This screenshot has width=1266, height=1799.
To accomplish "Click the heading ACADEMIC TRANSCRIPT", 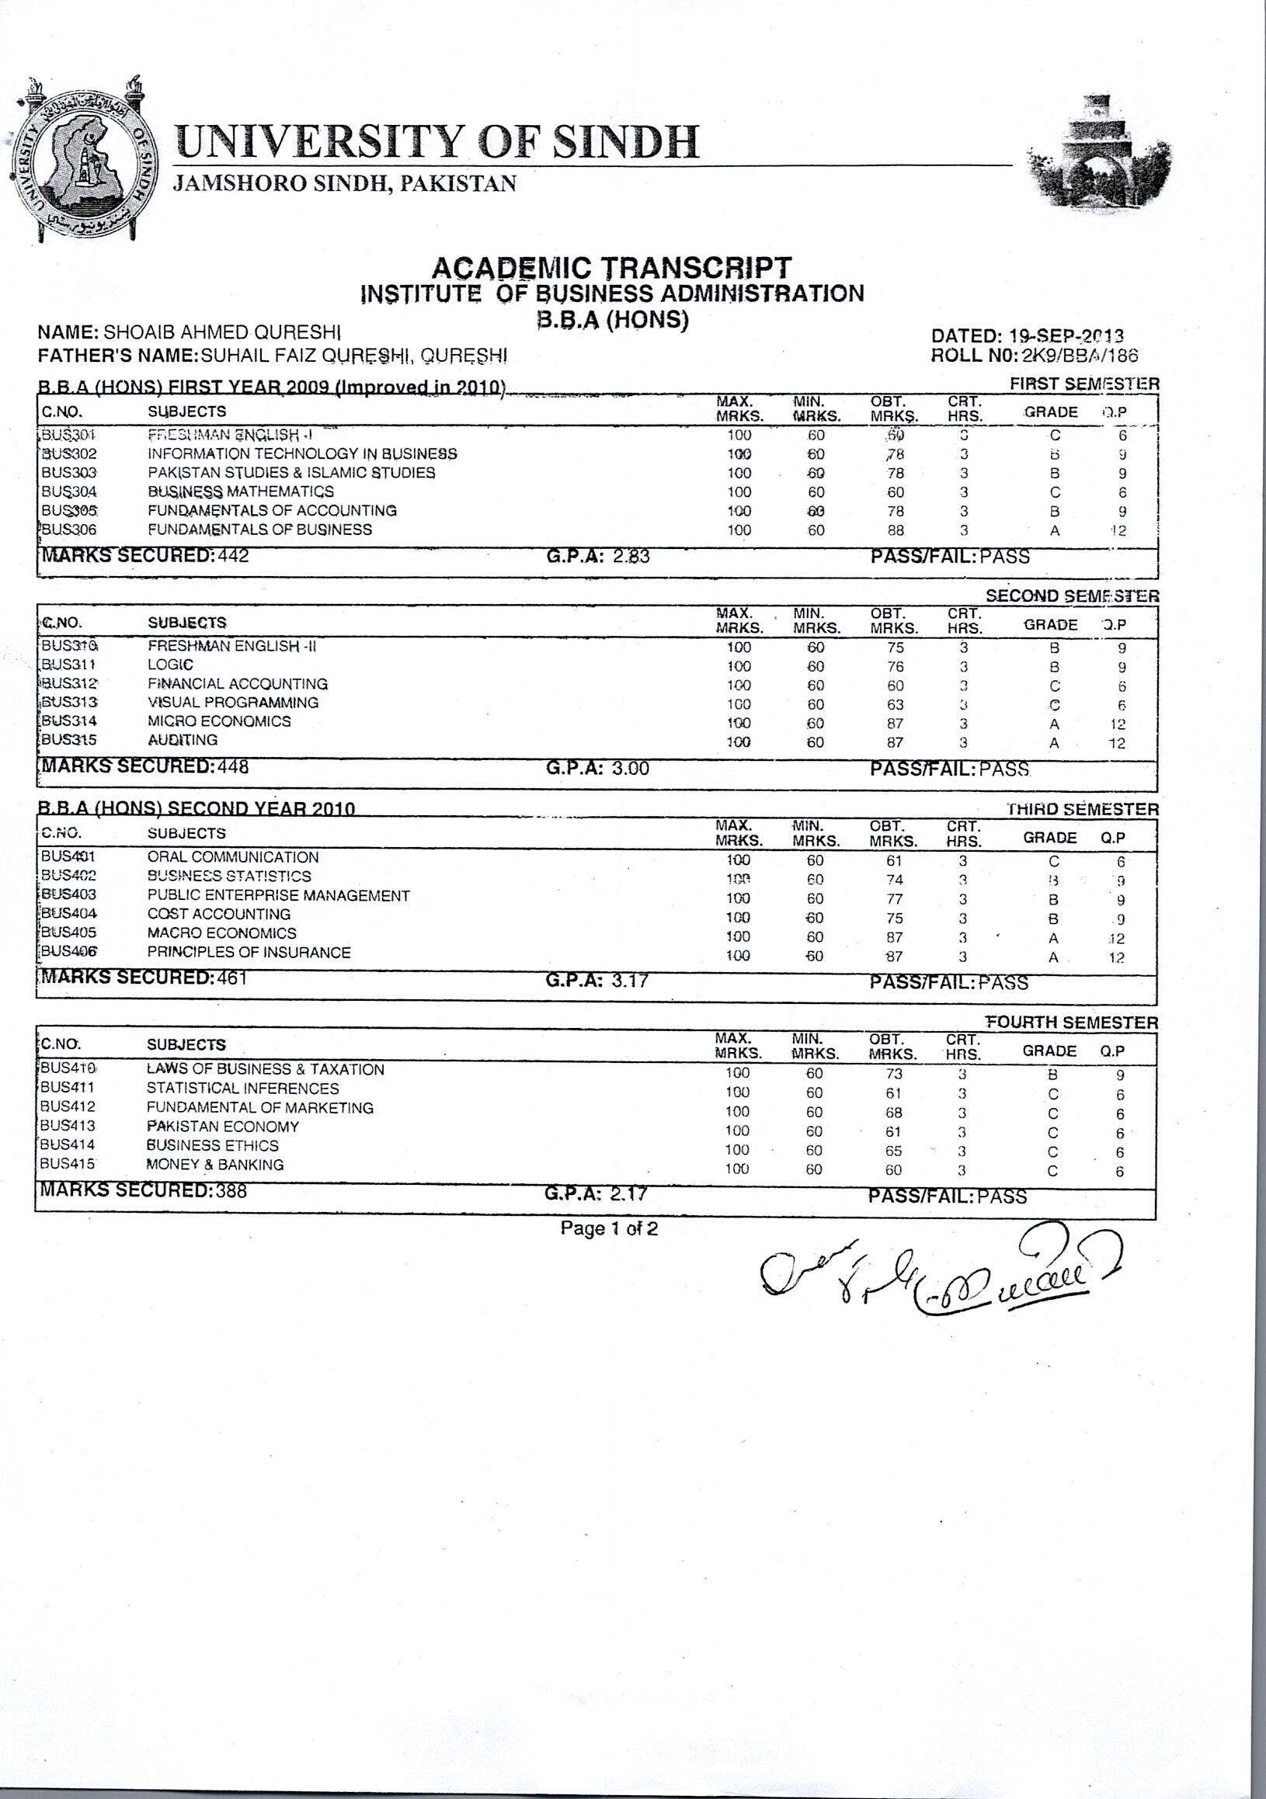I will (611, 268).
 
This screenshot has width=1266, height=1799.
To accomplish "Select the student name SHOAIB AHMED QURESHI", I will (223, 332).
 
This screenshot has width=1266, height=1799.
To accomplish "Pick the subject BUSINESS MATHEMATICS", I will (241, 492).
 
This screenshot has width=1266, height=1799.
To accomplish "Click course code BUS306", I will (69, 530).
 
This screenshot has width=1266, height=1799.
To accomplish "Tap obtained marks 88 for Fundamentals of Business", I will (896, 530).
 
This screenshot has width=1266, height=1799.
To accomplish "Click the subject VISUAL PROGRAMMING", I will (233, 703).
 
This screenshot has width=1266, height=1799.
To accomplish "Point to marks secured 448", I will (233, 767).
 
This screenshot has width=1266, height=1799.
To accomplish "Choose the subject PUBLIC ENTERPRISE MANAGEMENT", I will (278, 895).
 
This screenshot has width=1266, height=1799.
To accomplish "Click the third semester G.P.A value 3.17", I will (629, 980).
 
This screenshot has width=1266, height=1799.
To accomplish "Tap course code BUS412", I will (68, 1107).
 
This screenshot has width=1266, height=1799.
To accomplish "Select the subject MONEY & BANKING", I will (215, 1165).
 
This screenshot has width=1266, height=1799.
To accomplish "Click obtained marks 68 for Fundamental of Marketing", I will (894, 1113).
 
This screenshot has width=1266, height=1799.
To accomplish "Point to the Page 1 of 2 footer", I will (609, 1228).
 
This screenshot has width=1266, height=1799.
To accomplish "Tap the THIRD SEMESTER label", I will (1083, 809).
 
